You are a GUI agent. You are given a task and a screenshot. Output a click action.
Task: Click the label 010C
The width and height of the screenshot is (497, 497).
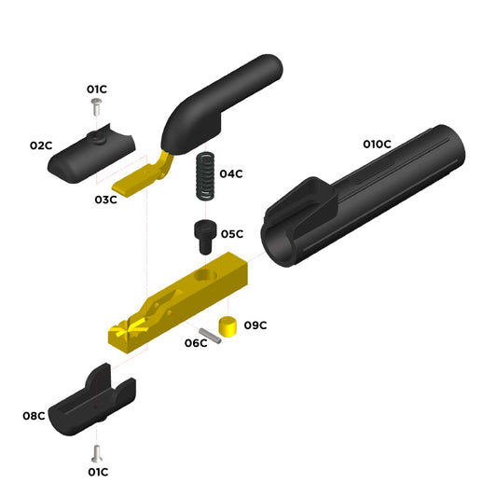click(377, 145)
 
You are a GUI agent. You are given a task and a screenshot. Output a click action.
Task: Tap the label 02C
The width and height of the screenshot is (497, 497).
click(41, 145)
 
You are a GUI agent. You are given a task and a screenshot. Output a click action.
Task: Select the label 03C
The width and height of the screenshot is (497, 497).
click(105, 200)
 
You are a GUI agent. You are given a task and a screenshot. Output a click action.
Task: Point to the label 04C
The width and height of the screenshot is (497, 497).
click(231, 173)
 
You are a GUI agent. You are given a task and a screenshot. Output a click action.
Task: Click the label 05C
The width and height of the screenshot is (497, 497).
click(232, 234)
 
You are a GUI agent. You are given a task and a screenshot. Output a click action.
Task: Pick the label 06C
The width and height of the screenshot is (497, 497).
click(196, 343)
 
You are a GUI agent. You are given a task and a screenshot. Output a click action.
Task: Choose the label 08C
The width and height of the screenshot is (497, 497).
click(34, 416)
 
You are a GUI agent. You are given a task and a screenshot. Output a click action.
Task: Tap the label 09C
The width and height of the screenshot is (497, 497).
click(255, 325)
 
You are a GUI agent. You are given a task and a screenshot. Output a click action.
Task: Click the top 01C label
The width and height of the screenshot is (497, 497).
click(97, 90)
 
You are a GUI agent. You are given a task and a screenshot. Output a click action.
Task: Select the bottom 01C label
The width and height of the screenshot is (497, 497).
click(98, 472)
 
